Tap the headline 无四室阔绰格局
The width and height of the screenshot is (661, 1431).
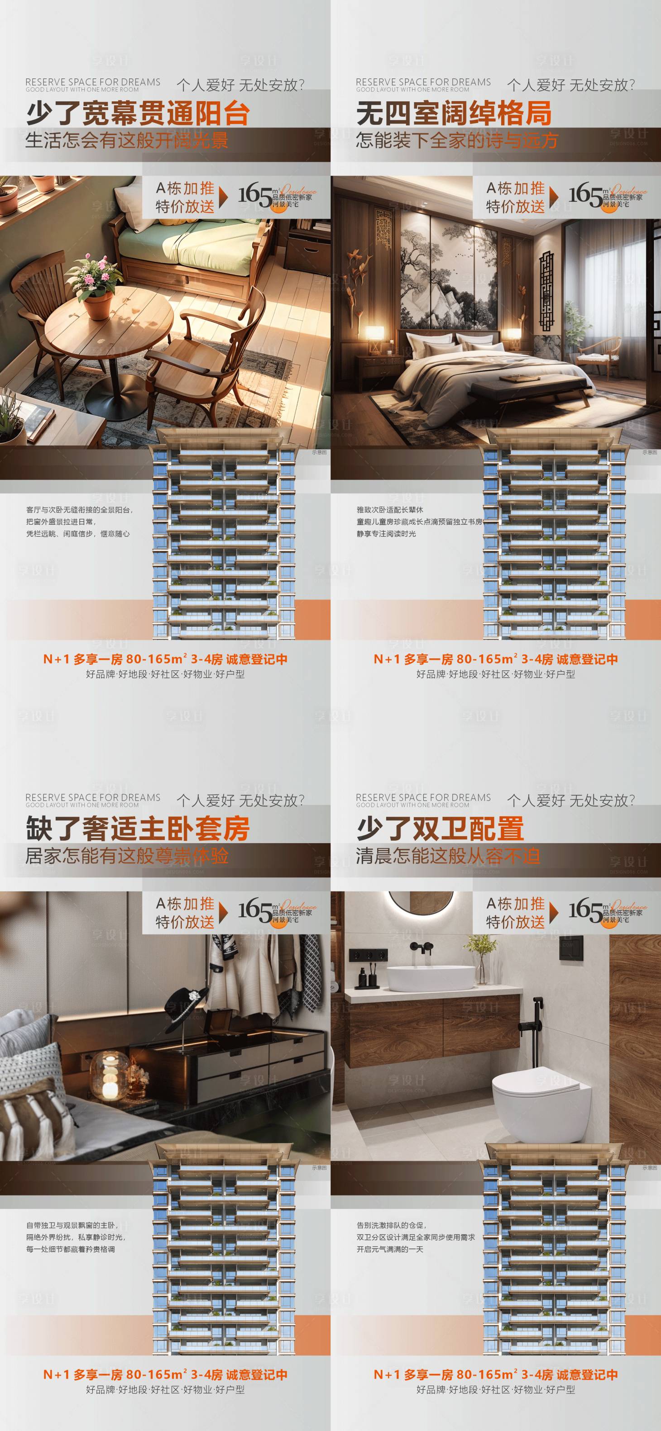(x=454, y=114)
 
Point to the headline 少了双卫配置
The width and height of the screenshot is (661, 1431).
(x=440, y=828)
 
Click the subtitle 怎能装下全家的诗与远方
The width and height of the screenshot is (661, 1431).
(x=456, y=140)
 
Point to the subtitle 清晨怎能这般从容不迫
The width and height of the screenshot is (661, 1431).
(x=447, y=856)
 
